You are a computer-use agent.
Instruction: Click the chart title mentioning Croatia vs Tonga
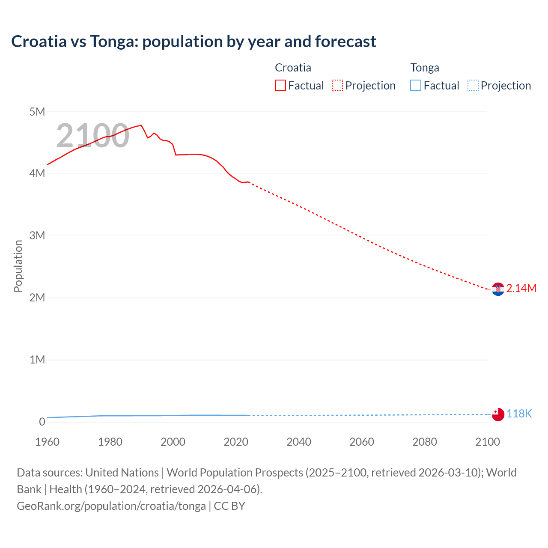click(x=194, y=42)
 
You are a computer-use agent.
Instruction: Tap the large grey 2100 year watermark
click(x=92, y=136)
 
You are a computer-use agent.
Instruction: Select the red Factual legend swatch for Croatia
click(x=280, y=86)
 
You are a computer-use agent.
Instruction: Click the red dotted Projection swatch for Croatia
click(x=337, y=86)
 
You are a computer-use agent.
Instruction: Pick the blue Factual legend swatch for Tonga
click(x=416, y=86)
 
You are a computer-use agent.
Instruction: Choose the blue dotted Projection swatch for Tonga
click(x=473, y=86)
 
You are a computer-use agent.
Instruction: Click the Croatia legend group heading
click(x=293, y=68)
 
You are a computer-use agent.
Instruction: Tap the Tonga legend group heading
click(x=425, y=68)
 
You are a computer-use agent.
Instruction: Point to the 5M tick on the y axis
click(x=37, y=112)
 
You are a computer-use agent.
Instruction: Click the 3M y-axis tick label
click(x=37, y=235)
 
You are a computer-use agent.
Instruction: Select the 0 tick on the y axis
click(x=42, y=422)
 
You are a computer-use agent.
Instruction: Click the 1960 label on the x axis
click(x=47, y=442)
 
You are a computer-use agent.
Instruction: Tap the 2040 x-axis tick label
click(x=299, y=442)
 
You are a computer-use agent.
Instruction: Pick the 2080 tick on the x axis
click(x=425, y=442)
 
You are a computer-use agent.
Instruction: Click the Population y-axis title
click(x=18, y=266)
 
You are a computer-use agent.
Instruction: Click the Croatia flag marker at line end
click(x=498, y=289)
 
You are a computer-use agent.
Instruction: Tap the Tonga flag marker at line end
click(x=498, y=414)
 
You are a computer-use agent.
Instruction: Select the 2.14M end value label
click(x=521, y=289)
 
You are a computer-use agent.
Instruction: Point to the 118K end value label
click(x=519, y=414)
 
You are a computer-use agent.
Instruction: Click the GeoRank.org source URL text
click(x=111, y=506)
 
